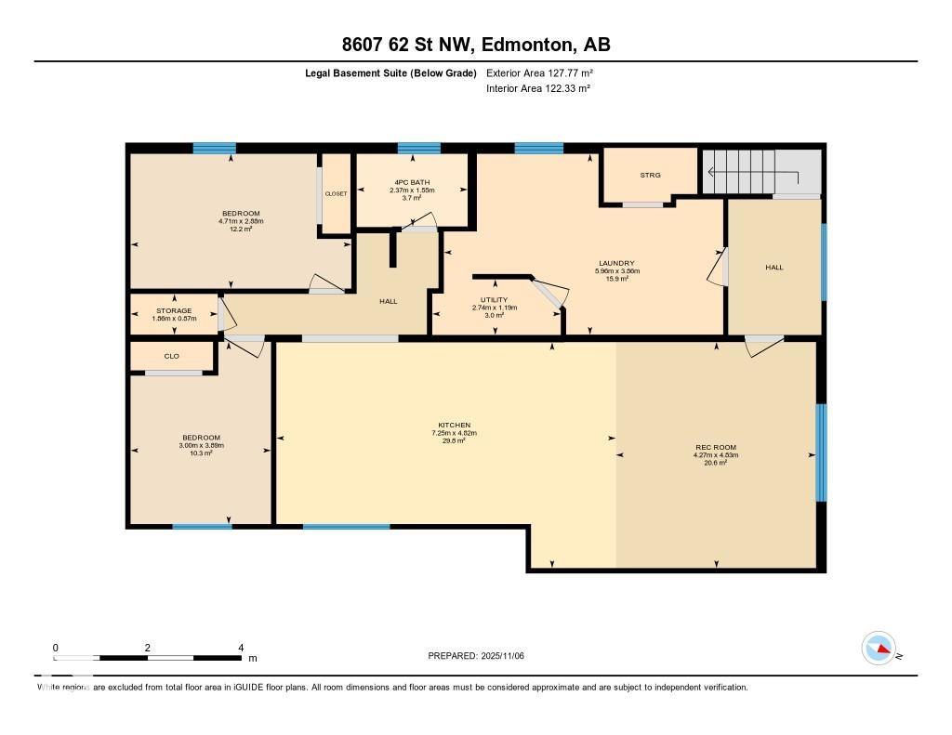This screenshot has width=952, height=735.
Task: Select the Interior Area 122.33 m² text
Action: [539, 88]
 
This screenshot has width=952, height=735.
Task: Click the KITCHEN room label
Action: [456, 425]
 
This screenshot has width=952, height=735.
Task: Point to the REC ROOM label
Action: [715, 447]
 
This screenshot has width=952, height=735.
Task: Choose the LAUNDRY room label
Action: [616, 263]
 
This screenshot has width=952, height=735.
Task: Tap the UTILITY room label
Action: [494, 300]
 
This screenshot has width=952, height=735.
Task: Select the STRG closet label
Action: [649, 175]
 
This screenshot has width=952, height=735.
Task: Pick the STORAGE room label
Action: [174, 310]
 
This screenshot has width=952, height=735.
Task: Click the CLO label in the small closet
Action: [171, 356]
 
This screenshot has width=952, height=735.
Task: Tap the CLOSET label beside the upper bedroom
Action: [336, 193]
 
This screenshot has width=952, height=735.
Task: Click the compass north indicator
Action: [879, 649]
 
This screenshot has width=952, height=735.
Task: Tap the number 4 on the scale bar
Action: [241, 648]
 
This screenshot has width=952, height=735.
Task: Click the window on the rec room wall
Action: [821, 452]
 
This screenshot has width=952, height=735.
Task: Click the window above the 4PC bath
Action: [418, 148]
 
